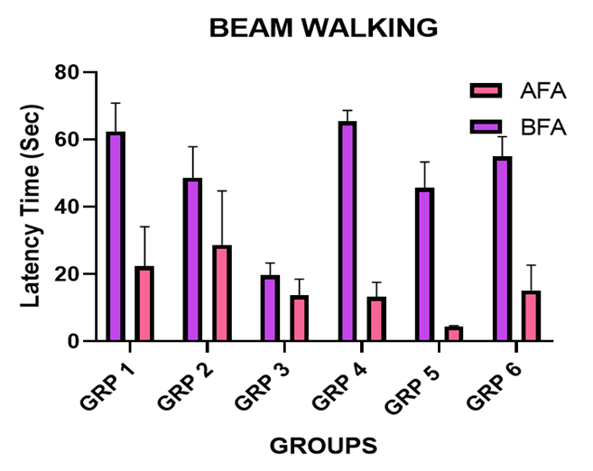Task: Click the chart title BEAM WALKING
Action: pos(323,28)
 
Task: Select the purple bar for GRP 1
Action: pos(116,236)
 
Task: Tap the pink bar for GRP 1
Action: pos(144,303)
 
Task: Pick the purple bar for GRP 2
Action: pos(192,260)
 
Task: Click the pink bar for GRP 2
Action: pos(222,293)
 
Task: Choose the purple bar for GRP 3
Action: pos(271,309)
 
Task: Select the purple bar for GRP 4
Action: pos(347,231)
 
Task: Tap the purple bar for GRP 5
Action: pos(424,264)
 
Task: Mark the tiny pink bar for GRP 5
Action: pos(454,334)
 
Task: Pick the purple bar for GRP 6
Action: pos(503,249)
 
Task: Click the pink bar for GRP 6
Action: pos(532,316)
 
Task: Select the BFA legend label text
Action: pos(543,127)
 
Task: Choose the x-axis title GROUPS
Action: pos(323,445)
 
